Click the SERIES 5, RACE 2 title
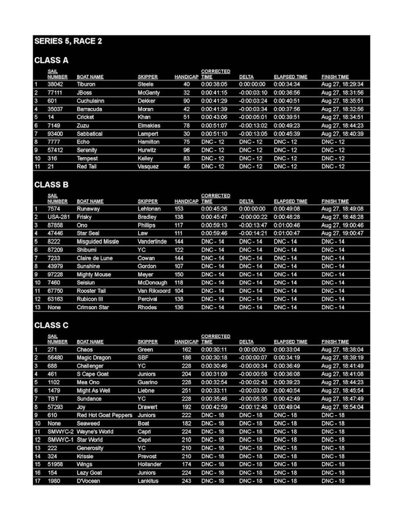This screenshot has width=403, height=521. click(68, 41)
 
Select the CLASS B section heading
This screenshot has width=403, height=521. click(51, 185)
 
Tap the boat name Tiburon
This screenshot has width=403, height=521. click(86, 84)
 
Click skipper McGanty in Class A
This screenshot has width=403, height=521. click(148, 93)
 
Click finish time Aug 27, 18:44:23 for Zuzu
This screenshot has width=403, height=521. click(342, 126)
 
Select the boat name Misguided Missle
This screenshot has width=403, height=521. click(97, 242)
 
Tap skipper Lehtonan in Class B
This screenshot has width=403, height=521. click(150, 209)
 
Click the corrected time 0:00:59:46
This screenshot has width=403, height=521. click(214, 234)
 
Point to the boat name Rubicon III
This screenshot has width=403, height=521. click(90, 299)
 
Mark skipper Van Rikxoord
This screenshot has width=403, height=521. click(154, 291)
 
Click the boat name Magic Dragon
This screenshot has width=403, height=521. click(93, 358)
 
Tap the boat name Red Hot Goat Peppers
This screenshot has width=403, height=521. click(104, 415)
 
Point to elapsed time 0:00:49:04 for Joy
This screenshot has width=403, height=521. click(286, 407)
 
